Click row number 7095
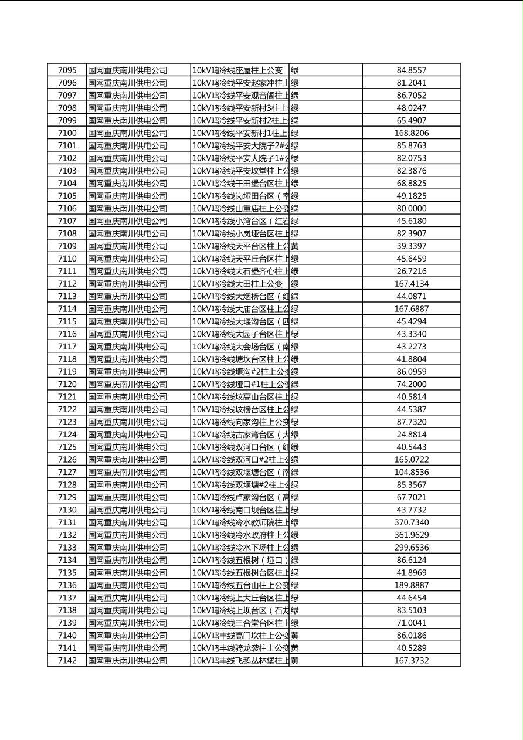click(x=67, y=70)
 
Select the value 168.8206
click(x=411, y=133)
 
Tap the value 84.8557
click(x=411, y=70)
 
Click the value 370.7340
click(x=411, y=522)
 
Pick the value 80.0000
click(x=411, y=208)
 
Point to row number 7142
click(x=67, y=660)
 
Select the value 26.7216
click(x=411, y=271)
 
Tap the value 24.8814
click(x=411, y=435)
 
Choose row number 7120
click(x=67, y=384)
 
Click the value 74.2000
click(x=411, y=384)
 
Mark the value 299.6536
click(x=411, y=548)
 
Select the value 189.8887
click(x=411, y=585)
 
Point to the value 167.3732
click(x=411, y=660)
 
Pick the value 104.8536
click(x=411, y=472)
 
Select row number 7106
click(x=67, y=208)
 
